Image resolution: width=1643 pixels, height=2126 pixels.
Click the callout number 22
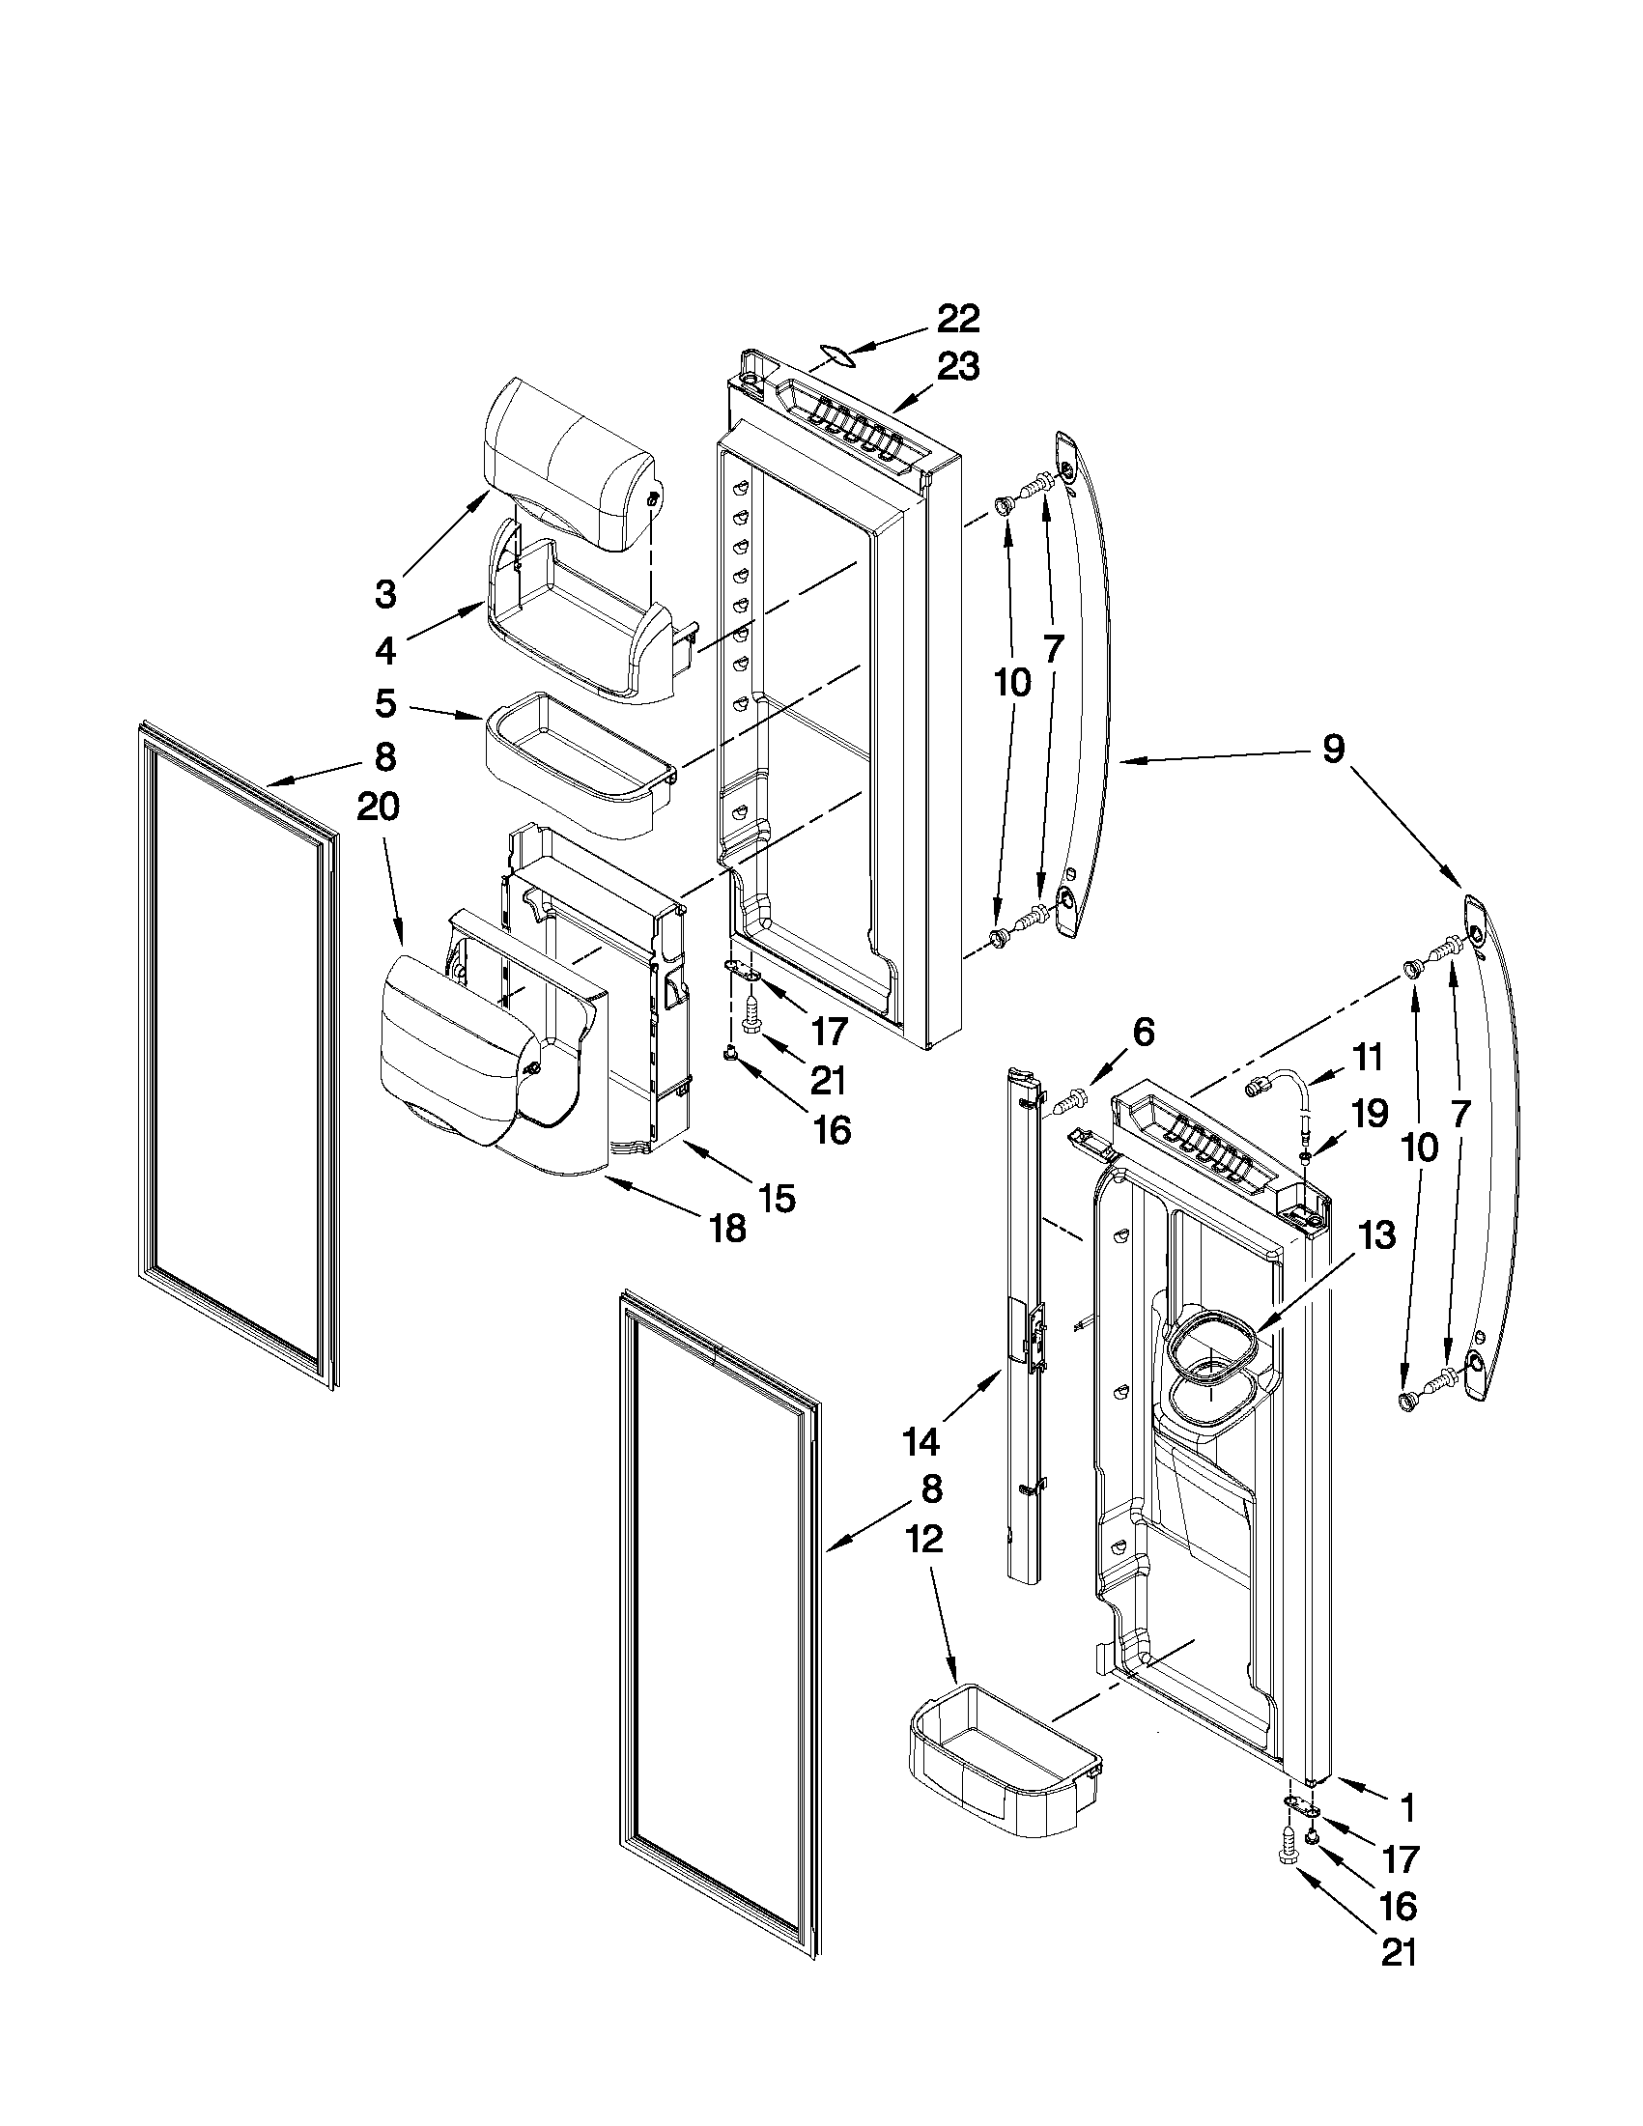tap(958, 321)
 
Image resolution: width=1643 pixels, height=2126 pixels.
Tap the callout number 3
tap(386, 594)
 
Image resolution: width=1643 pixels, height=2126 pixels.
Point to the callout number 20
tap(378, 807)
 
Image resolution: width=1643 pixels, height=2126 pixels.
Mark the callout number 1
tap(1406, 1808)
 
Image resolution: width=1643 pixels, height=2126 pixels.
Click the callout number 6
tap(1143, 1033)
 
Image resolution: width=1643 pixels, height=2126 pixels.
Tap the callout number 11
tap(1368, 1056)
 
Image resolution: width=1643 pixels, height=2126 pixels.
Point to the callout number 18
tap(728, 1229)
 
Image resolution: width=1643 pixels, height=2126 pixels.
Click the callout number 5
tap(386, 704)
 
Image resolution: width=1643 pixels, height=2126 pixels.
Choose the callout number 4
tap(386, 651)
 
